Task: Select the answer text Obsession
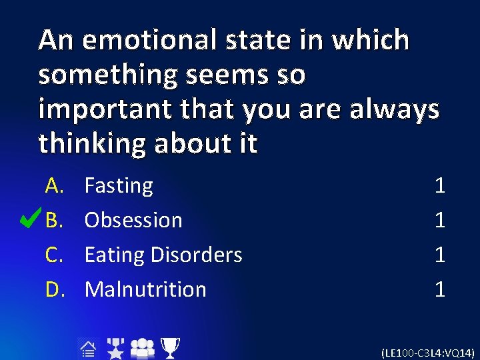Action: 133,220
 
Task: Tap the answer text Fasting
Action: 119,185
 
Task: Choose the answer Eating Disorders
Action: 163,255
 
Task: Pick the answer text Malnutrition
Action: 145,289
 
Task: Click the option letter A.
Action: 53,185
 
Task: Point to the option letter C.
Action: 53,255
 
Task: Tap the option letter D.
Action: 53,289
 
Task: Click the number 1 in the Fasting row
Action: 439,185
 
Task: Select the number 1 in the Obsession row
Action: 439,220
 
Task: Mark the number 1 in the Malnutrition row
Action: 439,289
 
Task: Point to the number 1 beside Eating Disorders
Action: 439,255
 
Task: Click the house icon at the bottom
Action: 87,348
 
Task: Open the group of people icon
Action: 142,348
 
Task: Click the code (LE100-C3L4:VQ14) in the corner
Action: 427,351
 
